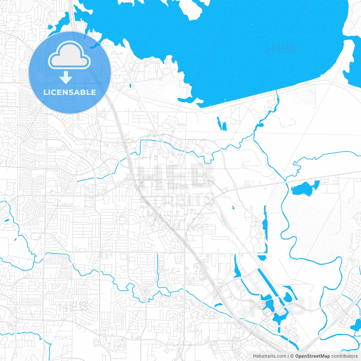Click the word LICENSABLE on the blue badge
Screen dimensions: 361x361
coord(70,92)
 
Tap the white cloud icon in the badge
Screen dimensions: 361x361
coord(69,55)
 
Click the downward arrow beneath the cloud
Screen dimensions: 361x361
coord(66,77)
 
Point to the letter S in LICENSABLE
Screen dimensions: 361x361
coord(75,92)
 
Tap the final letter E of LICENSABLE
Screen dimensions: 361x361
coord(93,92)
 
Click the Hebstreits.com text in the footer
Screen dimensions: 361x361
coord(269,356)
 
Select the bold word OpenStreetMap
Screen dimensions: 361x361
coord(312,356)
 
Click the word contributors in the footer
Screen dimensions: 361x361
coord(344,356)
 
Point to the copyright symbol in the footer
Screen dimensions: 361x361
coord(292,356)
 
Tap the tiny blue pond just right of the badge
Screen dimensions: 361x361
coord(130,85)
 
